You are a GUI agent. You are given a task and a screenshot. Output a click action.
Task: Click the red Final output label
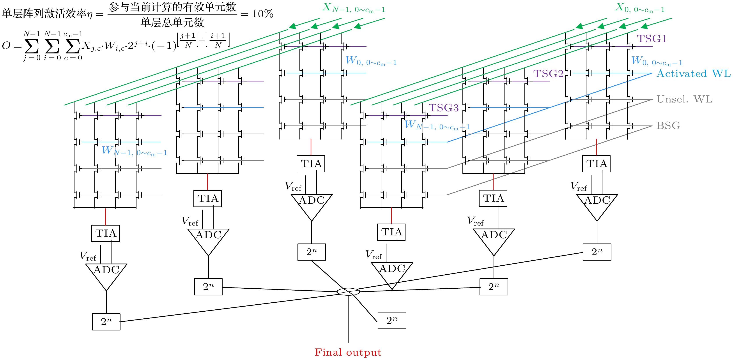(348, 352)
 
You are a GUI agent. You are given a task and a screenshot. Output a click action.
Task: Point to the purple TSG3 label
(443, 108)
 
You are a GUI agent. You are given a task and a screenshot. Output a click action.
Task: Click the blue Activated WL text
(693, 74)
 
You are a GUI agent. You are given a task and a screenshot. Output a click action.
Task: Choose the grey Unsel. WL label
(684, 99)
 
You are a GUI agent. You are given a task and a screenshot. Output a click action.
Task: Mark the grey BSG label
(668, 125)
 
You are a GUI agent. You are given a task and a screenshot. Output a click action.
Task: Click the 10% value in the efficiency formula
(262, 14)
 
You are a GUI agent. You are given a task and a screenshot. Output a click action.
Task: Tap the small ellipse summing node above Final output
(348, 292)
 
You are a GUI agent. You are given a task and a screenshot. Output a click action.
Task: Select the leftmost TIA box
(106, 233)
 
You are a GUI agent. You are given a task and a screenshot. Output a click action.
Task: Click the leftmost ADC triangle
(106, 274)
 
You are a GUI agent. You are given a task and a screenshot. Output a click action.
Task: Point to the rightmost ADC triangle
(597, 205)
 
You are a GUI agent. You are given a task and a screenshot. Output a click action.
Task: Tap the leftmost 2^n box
(106, 322)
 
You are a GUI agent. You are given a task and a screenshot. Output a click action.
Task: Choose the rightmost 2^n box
(597, 252)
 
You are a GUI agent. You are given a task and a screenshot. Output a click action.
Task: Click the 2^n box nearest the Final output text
(392, 320)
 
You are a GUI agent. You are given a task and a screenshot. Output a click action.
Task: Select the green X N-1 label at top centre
(354, 8)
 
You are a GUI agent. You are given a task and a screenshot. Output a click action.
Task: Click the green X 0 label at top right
(640, 8)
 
